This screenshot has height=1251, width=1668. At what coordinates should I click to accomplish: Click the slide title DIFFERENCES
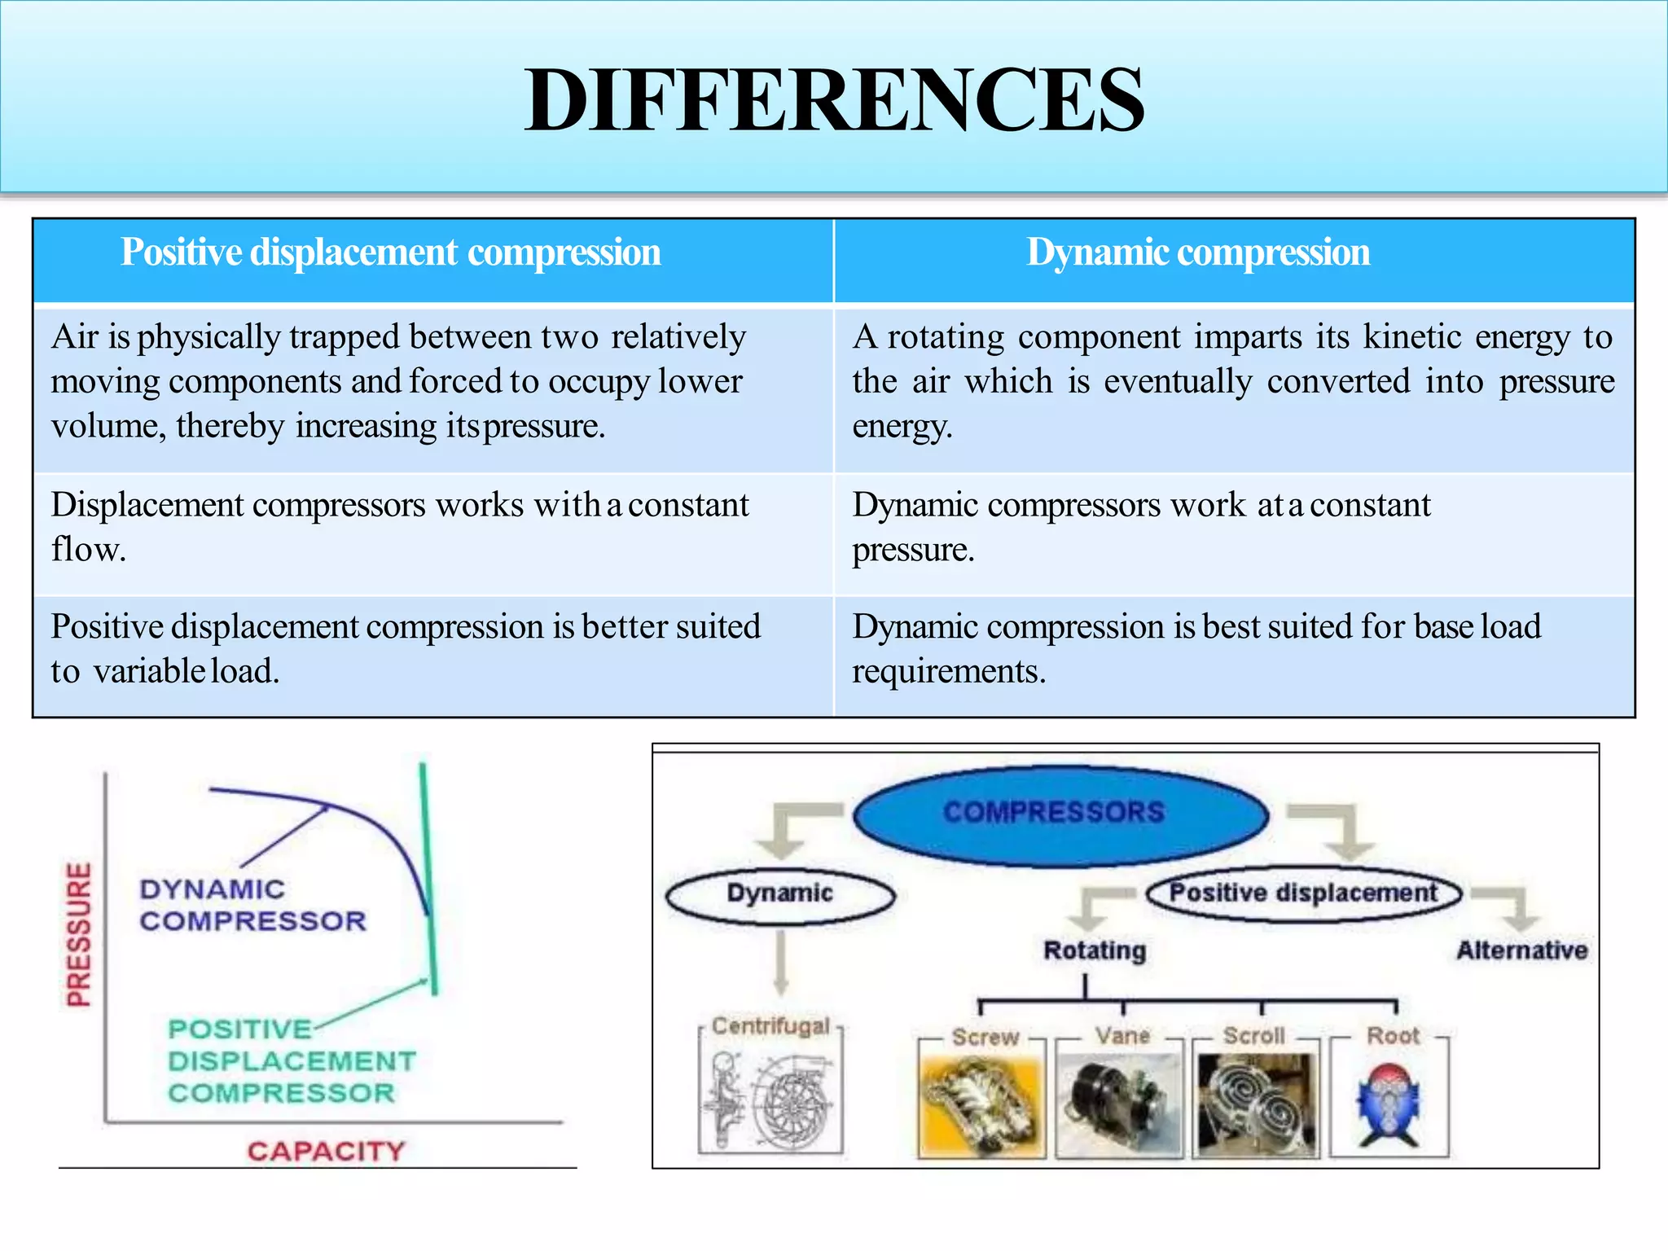pos(834,100)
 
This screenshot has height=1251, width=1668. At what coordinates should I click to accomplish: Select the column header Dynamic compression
pos(1197,252)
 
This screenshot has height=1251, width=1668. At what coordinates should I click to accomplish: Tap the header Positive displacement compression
pos(390,252)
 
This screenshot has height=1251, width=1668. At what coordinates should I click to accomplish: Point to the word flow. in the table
pos(88,550)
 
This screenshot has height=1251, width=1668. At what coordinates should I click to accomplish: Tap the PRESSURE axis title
pos(79,934)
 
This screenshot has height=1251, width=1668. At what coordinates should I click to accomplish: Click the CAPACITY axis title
pos(326,1151)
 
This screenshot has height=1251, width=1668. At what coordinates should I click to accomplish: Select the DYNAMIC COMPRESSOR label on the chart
pos(252,905)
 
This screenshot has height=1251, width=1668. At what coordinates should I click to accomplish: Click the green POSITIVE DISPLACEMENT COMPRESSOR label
pos(291,1061)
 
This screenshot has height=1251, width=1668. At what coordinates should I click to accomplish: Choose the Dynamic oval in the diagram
pos(779,893)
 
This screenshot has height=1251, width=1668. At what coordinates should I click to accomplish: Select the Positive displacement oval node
pos(1303,893)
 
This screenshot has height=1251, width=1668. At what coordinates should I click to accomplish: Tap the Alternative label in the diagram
pos(1521,950)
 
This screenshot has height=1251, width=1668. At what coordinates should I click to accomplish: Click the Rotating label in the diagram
pos(1095,950)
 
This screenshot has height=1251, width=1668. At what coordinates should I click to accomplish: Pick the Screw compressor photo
pos(981,1106)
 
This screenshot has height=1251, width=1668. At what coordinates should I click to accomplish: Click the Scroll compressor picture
pos(1254,1106)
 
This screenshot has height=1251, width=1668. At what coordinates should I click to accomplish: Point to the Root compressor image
pos(1389,1106)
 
